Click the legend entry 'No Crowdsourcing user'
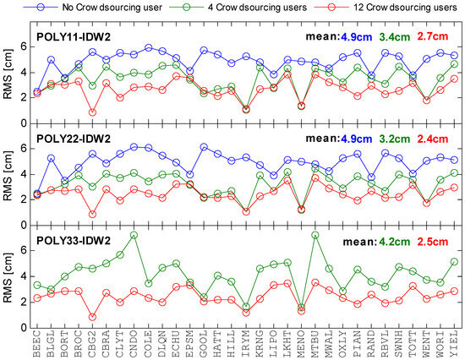112,7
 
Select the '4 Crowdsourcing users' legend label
257,7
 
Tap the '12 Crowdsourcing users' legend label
405,7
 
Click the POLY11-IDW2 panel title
74,37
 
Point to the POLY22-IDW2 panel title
74,139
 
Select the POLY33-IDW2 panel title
74,241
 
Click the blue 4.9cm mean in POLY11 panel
356,37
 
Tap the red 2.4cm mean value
433,139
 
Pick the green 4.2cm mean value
395,242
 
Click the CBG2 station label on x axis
92,344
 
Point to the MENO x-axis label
301,344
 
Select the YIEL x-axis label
454,344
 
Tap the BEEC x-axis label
36,344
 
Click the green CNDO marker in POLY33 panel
134,235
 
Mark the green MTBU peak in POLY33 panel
315,235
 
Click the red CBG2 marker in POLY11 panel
92,112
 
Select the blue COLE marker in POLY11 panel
148,47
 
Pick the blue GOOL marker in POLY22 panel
204,147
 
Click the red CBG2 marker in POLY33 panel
92,317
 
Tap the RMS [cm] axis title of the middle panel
8,176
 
